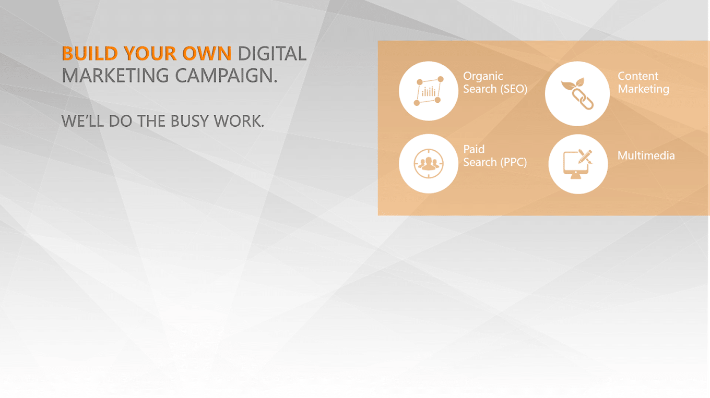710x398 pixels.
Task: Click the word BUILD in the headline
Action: point(90,53)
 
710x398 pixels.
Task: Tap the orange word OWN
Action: point(207,53)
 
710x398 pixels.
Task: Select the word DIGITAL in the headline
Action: point(272,53)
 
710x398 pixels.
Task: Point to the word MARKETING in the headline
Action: point(115,76)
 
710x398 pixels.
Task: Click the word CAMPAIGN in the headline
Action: point(223,76)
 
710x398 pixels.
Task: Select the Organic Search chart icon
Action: point(429,91)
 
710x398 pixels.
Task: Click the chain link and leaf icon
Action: point(577,94)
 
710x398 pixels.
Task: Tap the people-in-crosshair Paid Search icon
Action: point(429,164)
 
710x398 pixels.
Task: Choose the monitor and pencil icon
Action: point(577,164)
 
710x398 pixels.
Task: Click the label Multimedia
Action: point(646,155)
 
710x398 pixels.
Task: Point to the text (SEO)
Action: point(514,89)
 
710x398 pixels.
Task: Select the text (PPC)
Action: point(514,162)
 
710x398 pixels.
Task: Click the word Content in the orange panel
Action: point(638,76)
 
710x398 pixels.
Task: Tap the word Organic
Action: point(483,77)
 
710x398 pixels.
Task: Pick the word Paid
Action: point(474,149)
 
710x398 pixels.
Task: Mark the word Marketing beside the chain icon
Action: point(643,89)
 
